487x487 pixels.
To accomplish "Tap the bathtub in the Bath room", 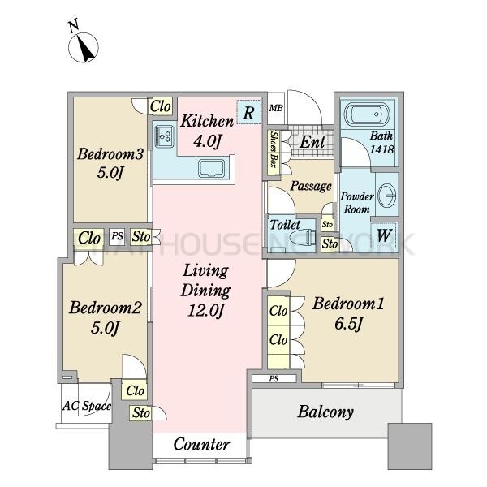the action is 367,114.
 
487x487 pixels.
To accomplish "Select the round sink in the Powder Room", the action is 387,195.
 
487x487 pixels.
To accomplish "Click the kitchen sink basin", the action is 211,170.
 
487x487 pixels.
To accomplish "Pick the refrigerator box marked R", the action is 249,112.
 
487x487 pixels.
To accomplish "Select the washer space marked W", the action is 384,235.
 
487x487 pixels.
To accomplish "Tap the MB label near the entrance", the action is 276,108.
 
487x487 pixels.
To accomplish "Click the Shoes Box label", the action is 274,149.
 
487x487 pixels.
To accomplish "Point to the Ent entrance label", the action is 312,142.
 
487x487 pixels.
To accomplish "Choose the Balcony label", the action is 325,412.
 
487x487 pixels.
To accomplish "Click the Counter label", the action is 201,444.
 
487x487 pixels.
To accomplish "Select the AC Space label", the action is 87,406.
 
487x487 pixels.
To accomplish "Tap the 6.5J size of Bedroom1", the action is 348,324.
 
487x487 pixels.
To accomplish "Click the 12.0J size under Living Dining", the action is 205,310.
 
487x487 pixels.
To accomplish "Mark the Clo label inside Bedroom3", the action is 160,106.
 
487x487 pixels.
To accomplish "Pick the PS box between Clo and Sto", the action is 117,237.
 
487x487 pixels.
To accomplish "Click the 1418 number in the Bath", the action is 381,149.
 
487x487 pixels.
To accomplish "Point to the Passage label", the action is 311,186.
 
